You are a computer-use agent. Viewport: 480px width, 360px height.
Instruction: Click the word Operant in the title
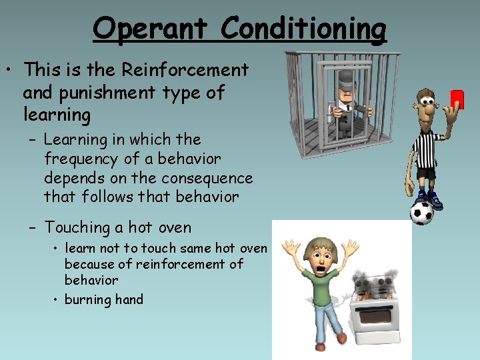(x=152, y=29)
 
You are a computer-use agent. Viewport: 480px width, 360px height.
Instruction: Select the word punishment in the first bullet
(x=98, y=92)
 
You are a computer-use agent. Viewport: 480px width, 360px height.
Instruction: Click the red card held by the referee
(x=457, y=99)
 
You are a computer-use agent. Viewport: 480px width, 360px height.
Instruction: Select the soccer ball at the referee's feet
(x=421, y=213)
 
